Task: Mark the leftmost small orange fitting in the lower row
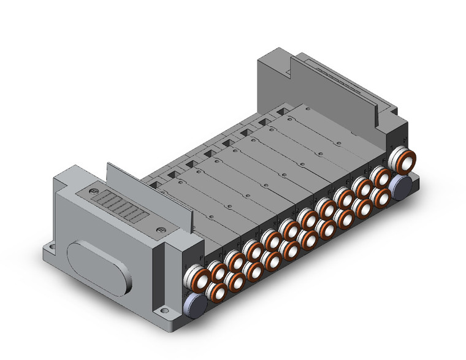point(216,290)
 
